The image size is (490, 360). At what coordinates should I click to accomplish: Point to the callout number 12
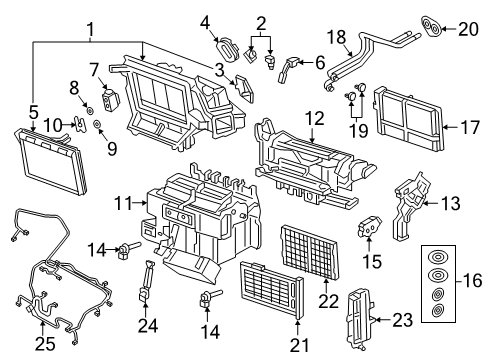[314, 118]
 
